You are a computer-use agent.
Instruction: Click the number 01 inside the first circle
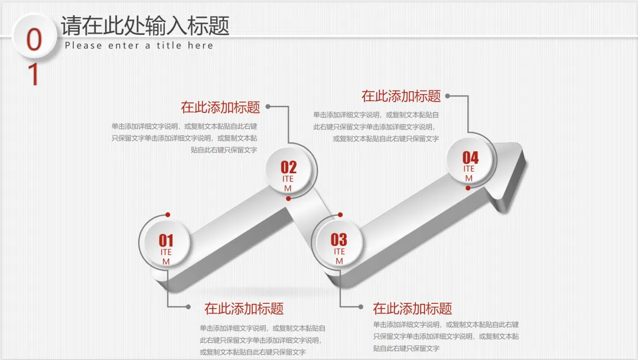(166, 240)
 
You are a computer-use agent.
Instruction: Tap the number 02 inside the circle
(288, 167)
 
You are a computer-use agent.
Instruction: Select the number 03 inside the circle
(339, 239)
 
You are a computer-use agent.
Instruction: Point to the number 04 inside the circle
(470, 157)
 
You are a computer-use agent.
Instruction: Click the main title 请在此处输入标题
(145, 26)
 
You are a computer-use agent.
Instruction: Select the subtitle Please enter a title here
(139, 46)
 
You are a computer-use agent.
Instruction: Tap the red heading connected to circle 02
(220, 107)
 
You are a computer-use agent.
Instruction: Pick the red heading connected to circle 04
(401, 96)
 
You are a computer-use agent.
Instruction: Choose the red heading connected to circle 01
(244, 308)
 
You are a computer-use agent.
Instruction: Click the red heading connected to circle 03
(412, 308)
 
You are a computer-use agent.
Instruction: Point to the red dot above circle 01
(168, 214)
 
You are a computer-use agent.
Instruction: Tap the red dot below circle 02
(288, 199)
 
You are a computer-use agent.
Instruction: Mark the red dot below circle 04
(468, 188)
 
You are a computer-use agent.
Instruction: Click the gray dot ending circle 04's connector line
(447, 96)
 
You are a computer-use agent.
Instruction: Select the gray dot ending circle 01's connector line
(188, 307)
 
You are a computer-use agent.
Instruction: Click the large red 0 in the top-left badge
(35, 40)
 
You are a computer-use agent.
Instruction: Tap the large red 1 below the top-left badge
(34, 74)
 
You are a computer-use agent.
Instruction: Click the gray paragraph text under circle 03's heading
(446, 336)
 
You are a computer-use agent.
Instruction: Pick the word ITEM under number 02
(288, 183)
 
